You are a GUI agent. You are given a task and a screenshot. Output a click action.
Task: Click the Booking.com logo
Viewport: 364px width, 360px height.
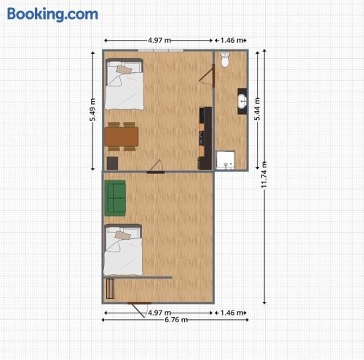(52, 15)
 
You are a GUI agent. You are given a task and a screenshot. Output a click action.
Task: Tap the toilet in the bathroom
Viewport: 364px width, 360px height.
(225, 60)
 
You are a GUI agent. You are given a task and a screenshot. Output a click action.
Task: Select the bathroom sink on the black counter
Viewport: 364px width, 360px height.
(242, 101)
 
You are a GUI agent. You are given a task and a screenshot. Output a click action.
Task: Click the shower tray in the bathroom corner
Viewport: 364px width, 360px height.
(226, 160)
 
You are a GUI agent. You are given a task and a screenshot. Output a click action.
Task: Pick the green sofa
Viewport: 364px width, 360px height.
(115, 198)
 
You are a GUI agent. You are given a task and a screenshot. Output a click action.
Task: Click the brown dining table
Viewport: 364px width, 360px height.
(122, 137)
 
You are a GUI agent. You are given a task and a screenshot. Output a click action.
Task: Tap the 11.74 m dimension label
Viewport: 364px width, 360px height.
(264, 175)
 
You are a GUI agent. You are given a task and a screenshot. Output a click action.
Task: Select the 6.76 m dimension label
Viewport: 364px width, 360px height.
(176, 320)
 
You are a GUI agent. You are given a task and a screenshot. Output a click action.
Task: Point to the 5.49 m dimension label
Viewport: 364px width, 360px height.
(92, 110)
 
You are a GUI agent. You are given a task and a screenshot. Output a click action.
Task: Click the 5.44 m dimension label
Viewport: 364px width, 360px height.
(257, 109)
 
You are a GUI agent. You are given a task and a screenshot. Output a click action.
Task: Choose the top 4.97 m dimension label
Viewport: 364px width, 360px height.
(159, 40)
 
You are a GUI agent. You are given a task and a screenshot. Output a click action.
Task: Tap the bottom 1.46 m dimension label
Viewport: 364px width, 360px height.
(232, 313)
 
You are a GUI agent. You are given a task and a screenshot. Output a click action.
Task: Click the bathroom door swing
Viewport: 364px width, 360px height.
(207, 76)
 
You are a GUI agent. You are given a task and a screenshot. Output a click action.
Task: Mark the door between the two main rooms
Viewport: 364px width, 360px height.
(156, 167)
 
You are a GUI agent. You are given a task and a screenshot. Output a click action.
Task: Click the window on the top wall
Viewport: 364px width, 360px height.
(161, 50)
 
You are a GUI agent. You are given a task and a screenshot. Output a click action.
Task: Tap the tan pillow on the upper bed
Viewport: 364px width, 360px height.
(124, 70)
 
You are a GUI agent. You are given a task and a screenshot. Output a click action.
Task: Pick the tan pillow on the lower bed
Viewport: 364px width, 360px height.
(123, 235)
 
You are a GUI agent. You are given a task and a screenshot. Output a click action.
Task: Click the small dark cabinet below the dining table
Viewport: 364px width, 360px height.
(112, 164)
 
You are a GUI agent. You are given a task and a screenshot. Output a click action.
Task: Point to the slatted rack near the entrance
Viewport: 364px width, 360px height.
(110, 289)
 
